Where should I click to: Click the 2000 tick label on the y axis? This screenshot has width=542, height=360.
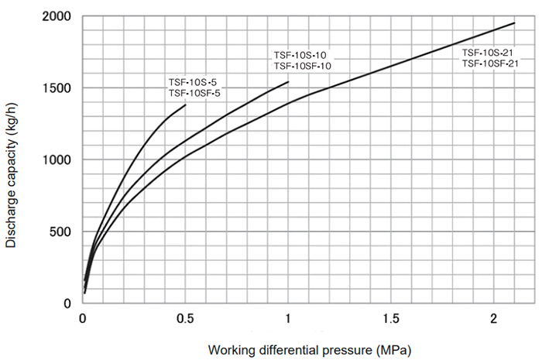coord(57,16)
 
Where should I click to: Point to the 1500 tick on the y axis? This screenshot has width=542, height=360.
coord(57,88)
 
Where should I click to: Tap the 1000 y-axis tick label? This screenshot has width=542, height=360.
coord(57,160)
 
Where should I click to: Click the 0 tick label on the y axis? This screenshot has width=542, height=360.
coord(67,303)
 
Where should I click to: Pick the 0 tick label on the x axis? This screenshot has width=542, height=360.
coord(84,319)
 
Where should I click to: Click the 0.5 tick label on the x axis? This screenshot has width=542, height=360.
coord(186,319)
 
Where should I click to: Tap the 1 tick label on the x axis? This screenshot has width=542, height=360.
coord(289,319)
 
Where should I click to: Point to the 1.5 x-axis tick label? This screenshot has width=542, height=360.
coord(391,319)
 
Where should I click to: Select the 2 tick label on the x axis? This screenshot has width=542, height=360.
coord(494,319)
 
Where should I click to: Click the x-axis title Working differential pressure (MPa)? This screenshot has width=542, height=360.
coord(309,349)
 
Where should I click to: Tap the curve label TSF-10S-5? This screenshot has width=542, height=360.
coord(194,82)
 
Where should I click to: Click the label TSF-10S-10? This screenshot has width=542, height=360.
coord(300,55)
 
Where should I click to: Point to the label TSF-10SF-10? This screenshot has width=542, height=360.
coord(304,67)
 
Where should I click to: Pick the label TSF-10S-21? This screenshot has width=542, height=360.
coord(489,53)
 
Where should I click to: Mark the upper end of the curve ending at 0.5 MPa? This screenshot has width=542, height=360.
coord(186,105)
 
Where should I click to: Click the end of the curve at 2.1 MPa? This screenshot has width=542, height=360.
coord(514,23)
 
